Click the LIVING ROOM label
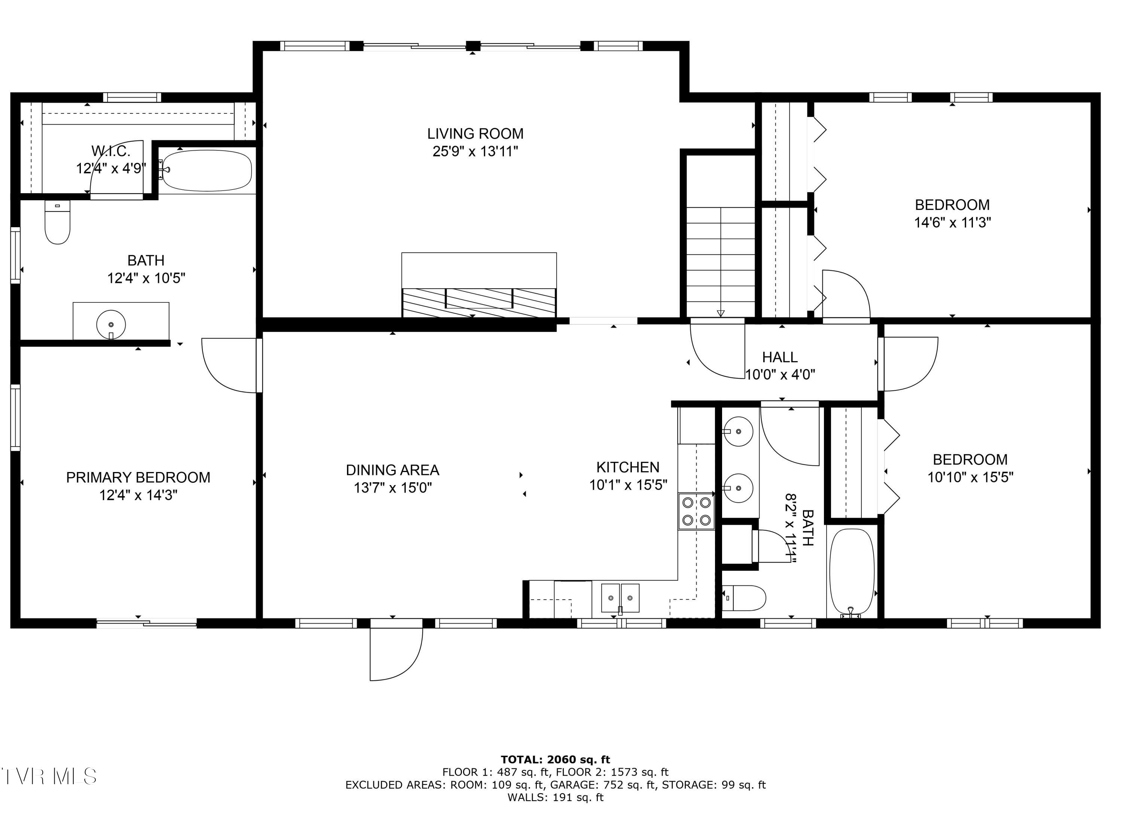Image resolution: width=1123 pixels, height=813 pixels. pos(475,134)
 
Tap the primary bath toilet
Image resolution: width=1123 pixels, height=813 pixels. pos(57,222)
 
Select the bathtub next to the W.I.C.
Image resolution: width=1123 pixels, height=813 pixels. pos(207,170)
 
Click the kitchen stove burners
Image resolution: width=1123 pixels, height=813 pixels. pos(696,511)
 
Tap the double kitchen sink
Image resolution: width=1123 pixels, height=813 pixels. pos(620,598)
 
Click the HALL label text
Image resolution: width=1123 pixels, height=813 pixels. pos(779,357)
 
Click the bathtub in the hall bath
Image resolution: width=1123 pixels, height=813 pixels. pos(852,572)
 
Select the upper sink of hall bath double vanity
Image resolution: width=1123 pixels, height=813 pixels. pos(738,431)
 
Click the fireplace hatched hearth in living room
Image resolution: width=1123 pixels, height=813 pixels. pos(479,302)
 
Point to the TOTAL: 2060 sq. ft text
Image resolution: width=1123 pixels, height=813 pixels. pos(555,759)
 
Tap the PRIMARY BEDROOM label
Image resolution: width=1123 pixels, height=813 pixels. pos(138,477)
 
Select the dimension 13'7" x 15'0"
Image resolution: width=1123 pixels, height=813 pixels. pos(392,488)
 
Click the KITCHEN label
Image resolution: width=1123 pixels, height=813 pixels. pos(627,467)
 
